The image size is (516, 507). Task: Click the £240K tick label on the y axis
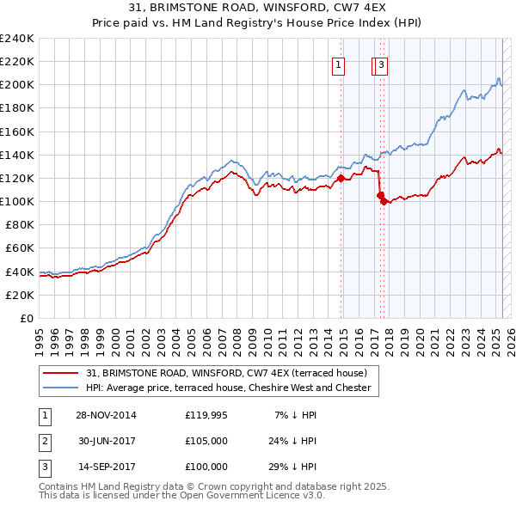pos(17,39)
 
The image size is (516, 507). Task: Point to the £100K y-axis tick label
pos(17,201)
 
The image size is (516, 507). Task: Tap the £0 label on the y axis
pos(27,318)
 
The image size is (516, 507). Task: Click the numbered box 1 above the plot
pos(339,64)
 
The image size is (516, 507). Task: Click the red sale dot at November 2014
pos(341,179)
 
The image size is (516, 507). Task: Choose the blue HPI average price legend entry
pos(228,388)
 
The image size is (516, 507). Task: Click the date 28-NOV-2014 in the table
pos(106,415)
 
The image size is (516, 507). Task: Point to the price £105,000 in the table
pos(206,441)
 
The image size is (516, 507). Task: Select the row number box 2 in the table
pos(42,441)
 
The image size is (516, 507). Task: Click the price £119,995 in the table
pos(206,415)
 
